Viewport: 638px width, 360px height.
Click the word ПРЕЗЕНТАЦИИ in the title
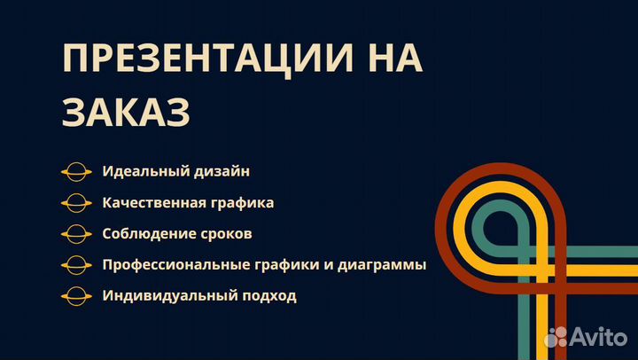click(x=207, y=59)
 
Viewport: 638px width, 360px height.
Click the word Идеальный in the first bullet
click(x=145, y=171)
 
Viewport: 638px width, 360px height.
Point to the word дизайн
click(x=222, y=171)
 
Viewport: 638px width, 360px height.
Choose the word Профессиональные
click(x=175, y=265)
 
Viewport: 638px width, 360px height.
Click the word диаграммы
click(x=382, y=265)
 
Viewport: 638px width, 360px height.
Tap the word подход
click(x=269, y=296)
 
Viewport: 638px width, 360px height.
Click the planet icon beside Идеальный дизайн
click(x=76, y=172)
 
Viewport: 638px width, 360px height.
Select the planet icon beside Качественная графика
click(x=76, y=203)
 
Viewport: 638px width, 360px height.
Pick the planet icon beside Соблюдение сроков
click(x=76, y=234)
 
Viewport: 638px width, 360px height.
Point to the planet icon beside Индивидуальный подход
click(x=76, y=296)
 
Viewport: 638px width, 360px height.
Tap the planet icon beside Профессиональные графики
click(x=76, y=265)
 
